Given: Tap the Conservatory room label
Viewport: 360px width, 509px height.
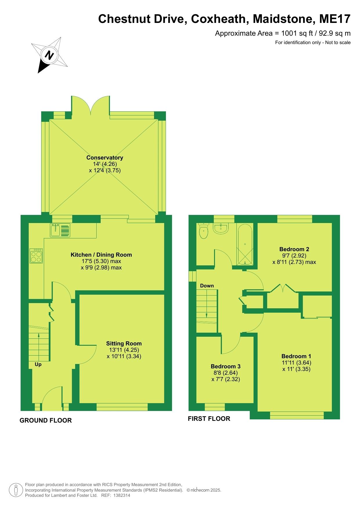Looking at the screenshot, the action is tap(105, 157).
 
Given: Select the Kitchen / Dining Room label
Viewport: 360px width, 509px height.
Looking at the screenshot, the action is tap(101, 255).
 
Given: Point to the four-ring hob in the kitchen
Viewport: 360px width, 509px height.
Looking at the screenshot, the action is tap(36, 256).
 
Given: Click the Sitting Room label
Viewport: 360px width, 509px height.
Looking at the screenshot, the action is tap(124, 343).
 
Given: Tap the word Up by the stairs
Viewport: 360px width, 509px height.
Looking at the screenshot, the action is tap(38, 364).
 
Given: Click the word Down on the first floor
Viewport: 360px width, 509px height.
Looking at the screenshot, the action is tap(207, 286).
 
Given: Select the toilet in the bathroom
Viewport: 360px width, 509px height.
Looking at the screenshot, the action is tap(204, 231).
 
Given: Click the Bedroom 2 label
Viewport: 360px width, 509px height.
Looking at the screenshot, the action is tap(294, 249).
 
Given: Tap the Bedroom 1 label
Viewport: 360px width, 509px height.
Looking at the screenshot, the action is tap(296, 356).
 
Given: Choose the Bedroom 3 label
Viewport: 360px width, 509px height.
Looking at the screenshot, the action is tap(226, 366).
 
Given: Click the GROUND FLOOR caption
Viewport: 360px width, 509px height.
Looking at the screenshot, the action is tap(46, 420).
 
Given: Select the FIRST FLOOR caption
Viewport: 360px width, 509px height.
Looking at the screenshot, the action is tap(209, 419).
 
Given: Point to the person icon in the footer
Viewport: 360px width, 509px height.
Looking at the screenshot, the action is tap(16, 490).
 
